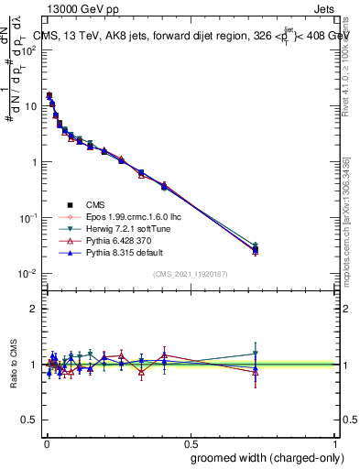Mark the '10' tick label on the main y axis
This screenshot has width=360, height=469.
[x=30, y=106]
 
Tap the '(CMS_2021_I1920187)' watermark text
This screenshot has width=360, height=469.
[x=190, y=275]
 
